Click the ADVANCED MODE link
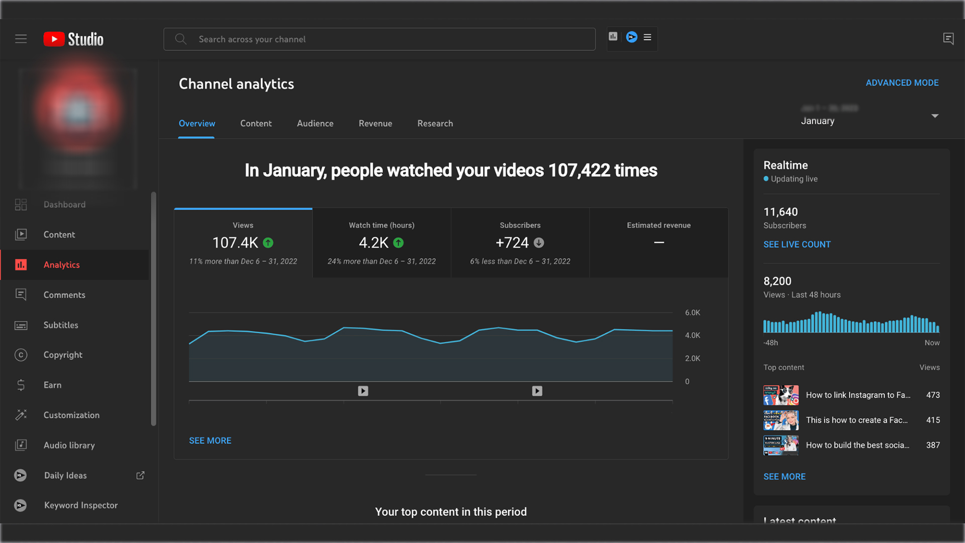coord(902,82)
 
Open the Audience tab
coord(315,123)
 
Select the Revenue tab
coord(375,123)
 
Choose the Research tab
coord(435,123)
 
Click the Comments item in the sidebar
coord(64,295)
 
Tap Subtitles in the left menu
coord(61,325)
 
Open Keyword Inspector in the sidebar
coord(80,505)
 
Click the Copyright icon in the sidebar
coord(21,355)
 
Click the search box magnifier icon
coord(180,39)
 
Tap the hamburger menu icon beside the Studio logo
coord(21,39)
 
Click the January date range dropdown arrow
coord(935,116)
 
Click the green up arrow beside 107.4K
coord(268,243)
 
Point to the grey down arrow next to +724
coord(539,243)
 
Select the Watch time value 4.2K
coord(373,243)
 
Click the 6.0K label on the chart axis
coord(693,313)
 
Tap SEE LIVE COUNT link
coord(797,244)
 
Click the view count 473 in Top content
coord(933,395)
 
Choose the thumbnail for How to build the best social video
coord(781,445)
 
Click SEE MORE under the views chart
coord(210,440)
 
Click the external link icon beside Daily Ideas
coord(140,475)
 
